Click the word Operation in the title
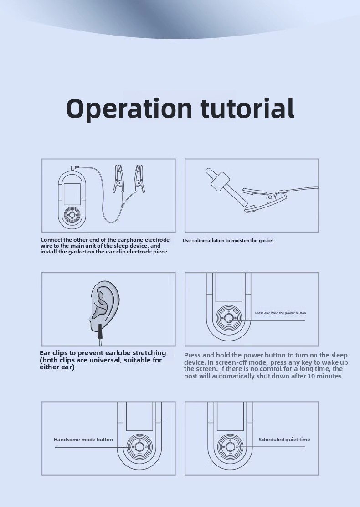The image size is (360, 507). click(129, 109)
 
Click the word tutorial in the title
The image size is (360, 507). click(247, 108)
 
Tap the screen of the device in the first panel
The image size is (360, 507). click(72, 194)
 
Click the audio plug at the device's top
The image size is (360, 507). click(75, 167)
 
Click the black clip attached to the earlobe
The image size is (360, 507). click(100, 331)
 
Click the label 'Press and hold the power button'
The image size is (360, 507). click(280, 313)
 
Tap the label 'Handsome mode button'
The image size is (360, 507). click(83, 440)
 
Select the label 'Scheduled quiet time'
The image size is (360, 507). click(284, 440)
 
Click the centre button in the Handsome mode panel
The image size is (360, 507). click(139, 447)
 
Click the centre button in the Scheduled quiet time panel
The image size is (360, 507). click(230, 447)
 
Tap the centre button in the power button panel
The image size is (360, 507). click(229, 318)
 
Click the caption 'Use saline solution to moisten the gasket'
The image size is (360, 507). click(228, 241)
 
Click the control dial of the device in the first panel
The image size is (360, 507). click(72, 214)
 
